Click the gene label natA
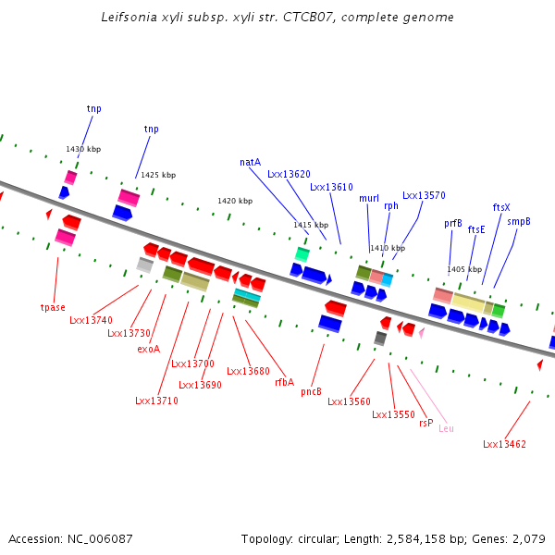(x=250, y=162)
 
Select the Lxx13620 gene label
(x=289, y=174)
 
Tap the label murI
(x=369, y=198)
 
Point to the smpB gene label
(x=519, y=222)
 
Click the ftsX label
(x=501, y=207)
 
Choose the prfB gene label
(x=453, y=223)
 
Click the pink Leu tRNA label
(x=446, y=428)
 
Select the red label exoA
(x=148, y=350)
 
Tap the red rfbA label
(x=284, y=382)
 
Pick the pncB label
(x=312, y=391)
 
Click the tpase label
(x=53, y=307)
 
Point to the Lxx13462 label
(x=504, y=444)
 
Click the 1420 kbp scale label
(x=235, y=201)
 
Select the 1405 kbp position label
(x=463, y=269)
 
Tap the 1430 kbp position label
(x=83, y=149)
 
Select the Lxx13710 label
(x=156, y=401)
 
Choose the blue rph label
(x=391, y=205)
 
